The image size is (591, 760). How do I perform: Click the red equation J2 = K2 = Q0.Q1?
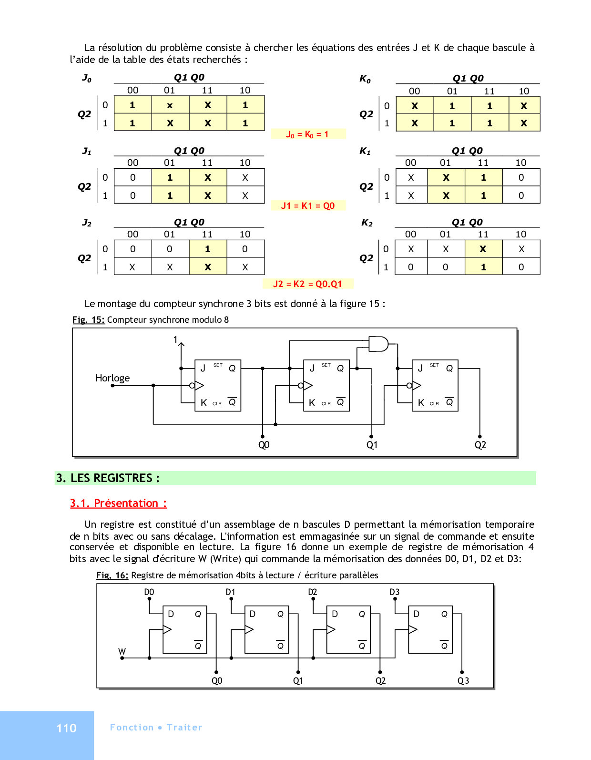[x=307, y=284]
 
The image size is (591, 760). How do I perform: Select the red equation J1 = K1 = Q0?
[x=308, y=205]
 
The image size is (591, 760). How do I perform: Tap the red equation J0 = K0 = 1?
[x=307, y=134]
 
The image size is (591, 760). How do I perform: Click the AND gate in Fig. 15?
[x=378, y=344]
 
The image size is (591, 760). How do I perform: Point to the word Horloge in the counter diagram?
[x=112, y=378]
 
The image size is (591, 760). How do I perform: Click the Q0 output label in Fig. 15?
[x=264, y=445]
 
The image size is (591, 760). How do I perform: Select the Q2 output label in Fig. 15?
[x=480, y=445]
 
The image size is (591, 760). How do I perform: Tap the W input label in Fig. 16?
[x=122, y=651]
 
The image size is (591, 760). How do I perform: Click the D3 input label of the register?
[x=395, y=592]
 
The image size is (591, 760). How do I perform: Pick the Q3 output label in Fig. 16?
[x=463, y=681]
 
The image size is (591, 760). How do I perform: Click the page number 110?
[x=66, y=728]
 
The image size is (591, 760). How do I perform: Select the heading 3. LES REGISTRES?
[x=108, y=478]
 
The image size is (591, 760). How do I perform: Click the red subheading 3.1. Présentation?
[x=118, y=503]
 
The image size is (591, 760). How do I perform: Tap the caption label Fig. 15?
[x=88, y=319]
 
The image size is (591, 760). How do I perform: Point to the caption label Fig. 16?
[x=112, y=575]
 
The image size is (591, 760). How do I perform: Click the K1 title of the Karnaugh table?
[x=365, y=151]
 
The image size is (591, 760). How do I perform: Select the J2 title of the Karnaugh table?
[x=87, y=223]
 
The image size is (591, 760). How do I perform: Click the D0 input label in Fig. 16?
[x=149, y=592]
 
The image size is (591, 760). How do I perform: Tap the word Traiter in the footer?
[x=184, y=727]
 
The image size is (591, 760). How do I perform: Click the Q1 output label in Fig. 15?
[x=372, y=445]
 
